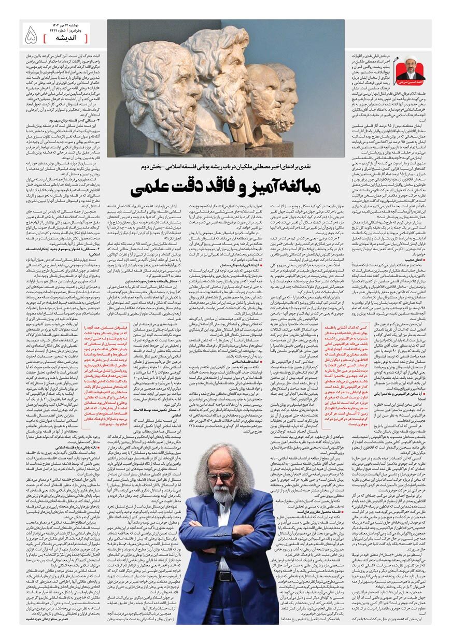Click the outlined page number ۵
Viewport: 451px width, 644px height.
31,35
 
